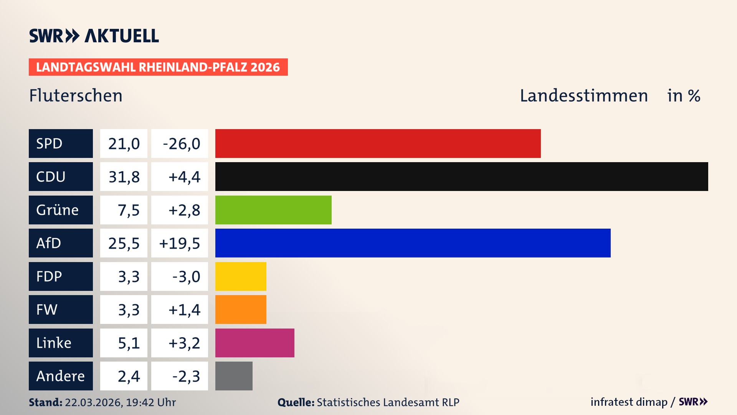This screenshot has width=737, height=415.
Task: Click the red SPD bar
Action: (378, 143)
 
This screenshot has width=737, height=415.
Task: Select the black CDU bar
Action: (461, 176)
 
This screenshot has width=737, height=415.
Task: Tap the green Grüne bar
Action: (273, 210)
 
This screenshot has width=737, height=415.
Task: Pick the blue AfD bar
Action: (413, 243)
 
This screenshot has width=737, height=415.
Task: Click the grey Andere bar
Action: (234, 376)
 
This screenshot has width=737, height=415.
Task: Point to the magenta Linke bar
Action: (254, 343)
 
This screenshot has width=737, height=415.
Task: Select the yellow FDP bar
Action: (241, 276)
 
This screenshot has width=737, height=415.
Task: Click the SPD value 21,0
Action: (124, 143)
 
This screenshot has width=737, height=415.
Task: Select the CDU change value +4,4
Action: (184, 177)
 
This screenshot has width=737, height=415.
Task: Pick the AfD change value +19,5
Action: (179, 243)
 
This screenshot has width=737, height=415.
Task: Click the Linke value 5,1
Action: (128, 343)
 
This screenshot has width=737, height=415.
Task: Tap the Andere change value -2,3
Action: (186, 376)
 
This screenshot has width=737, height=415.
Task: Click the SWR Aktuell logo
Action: (94, 36)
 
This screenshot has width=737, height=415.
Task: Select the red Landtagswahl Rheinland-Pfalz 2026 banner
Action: (158, 67)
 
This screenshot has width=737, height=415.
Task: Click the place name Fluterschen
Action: (76, 96)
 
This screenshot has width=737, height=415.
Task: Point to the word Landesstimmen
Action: (583, 96)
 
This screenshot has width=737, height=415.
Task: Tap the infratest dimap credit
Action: (629, 402)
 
